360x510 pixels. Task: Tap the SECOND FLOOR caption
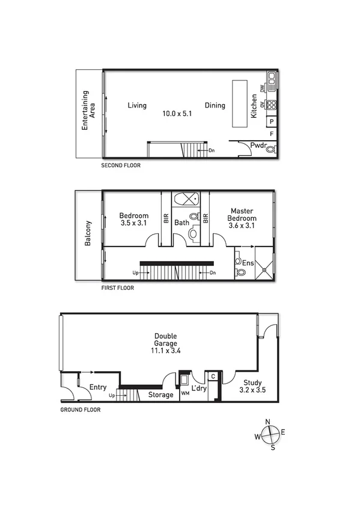(121, 165)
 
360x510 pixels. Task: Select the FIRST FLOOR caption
(118, 288)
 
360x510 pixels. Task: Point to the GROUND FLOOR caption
(80, 410)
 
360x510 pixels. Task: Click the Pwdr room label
(258, 145)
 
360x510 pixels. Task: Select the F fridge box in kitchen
(272, 134)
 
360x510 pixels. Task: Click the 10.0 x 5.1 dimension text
(177, 114)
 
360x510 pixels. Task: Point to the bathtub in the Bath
(187, 199)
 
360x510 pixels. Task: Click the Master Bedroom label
(243, 215)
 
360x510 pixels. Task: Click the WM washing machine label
(185, 393)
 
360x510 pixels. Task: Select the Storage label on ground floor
(160, 395)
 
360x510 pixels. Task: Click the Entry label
(97, 388)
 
